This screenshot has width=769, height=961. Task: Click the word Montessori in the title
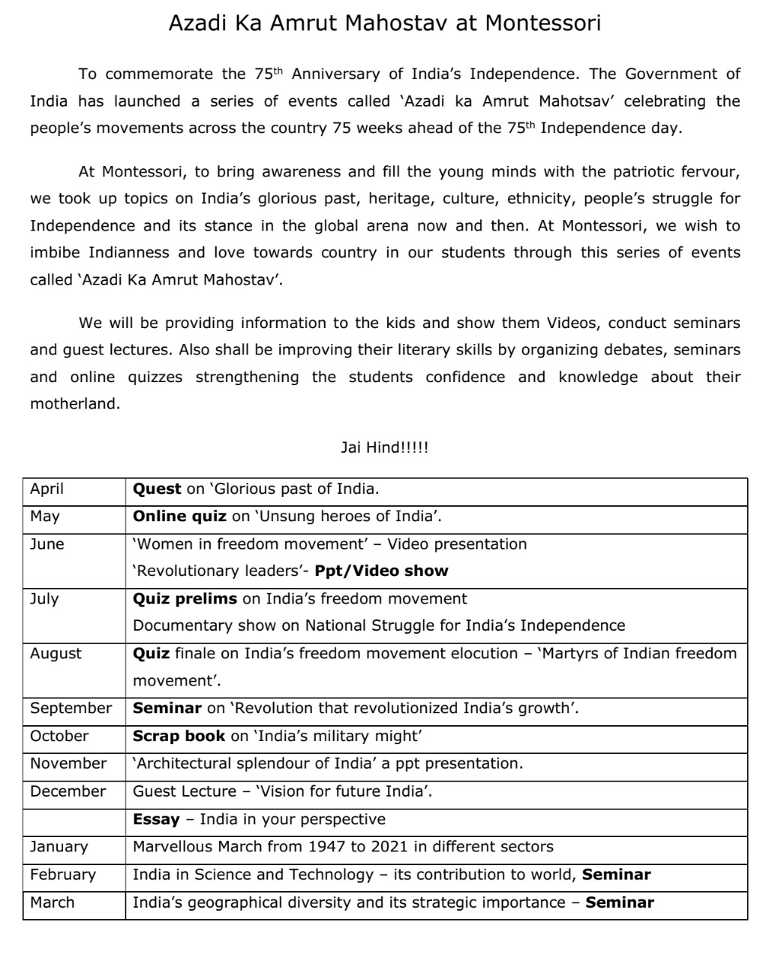542,23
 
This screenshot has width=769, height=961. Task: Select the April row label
47,490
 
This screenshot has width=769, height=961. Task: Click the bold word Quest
157,490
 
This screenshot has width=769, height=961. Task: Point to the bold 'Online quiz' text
179,517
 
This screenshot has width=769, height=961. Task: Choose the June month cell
47,544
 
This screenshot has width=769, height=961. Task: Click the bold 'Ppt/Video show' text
381,571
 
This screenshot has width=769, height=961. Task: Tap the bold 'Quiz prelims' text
185,599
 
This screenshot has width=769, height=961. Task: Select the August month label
56,654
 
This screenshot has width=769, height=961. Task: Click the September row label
71,709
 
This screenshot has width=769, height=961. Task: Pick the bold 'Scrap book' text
179,737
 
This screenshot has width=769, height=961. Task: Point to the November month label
68,764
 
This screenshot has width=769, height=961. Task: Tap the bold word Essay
156,819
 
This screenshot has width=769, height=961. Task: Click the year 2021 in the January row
389,847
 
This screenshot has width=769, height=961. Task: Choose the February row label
63,875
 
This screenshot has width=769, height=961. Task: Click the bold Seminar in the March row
620,902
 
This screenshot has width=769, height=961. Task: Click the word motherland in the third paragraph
74,405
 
